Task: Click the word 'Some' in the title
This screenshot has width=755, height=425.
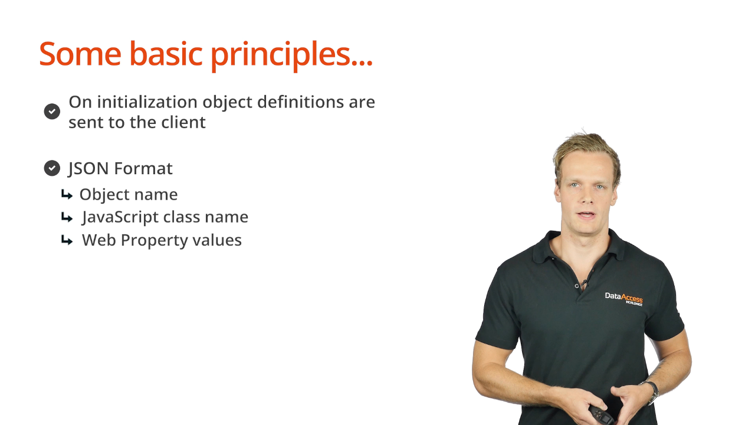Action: [x=80, y=54]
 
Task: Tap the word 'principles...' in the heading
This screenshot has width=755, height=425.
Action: [x=292, y=55]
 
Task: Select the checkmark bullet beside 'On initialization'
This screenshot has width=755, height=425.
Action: [x=52, y=112]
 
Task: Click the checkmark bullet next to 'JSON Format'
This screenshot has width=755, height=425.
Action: [x=52, y=168]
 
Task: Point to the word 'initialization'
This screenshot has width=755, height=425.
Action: [x=147, y=102]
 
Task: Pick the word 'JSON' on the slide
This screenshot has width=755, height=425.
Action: [x=88, y=168]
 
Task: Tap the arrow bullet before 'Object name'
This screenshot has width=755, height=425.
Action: [x=67, y=195]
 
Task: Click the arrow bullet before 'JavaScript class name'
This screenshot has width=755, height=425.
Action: [x=67, y=217]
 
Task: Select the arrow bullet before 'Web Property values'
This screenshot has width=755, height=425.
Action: [x=67, y=240]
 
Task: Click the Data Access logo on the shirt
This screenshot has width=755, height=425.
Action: [x=624, y=299]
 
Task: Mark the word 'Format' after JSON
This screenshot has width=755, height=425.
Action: [x=143, y=168]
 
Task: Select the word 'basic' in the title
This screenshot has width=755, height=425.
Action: [x=166, y=54]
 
